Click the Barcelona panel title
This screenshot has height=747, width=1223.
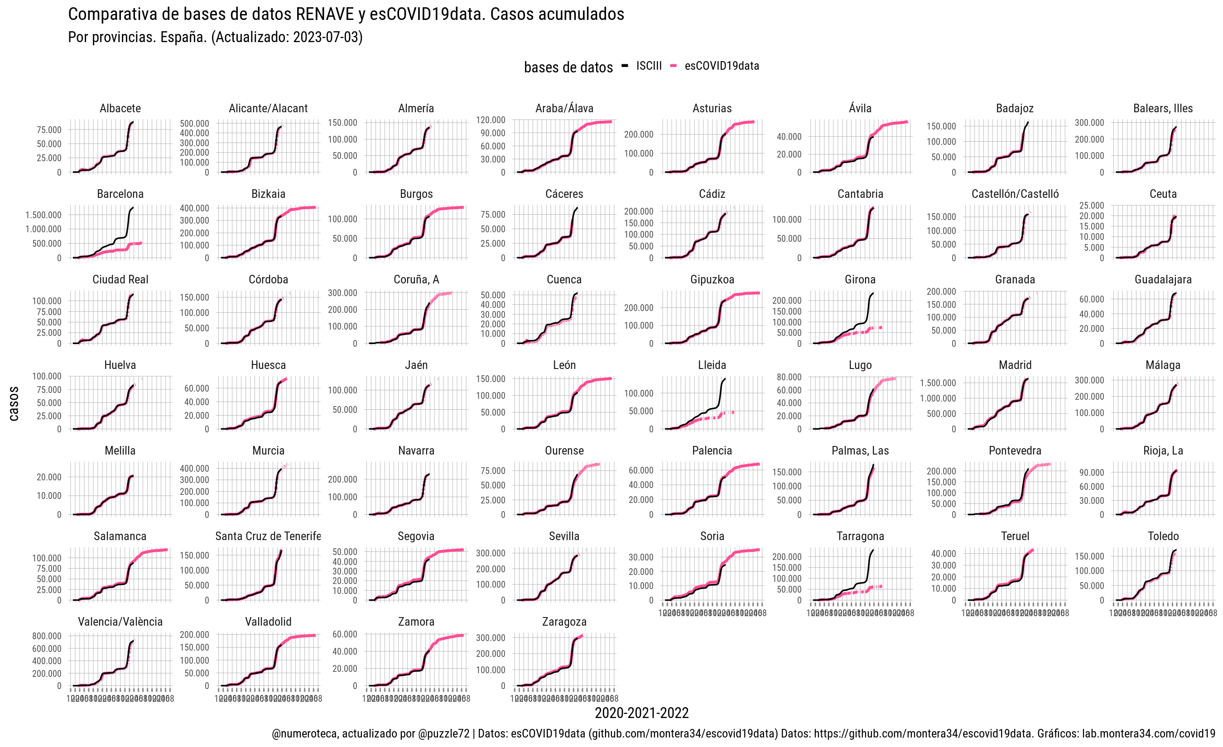(x=120, y=194)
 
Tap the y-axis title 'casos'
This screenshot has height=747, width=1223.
(x=14, y=404)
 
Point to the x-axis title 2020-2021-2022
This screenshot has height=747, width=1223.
(x=641, y=713)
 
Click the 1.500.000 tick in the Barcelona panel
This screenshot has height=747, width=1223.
(x=43, y=215)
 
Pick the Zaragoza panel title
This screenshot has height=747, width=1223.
(x=564, y=622)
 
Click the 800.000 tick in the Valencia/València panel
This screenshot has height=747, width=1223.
(x=47, y=636)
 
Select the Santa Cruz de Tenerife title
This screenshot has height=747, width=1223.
(x=268, y=536)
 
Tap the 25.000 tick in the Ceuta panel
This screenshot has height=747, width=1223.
(x=1092, y=206)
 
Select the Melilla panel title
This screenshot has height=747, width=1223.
(x=120, y=451)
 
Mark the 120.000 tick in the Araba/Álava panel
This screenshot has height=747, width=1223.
(x=491, y=120)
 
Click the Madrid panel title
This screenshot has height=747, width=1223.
(x=1015, y=365)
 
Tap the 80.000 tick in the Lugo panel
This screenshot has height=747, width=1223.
(x=789, y=377)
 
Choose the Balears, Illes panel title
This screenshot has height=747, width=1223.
(x=1162, y=109)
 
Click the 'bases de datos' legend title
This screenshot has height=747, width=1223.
(x=568, y=67)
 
